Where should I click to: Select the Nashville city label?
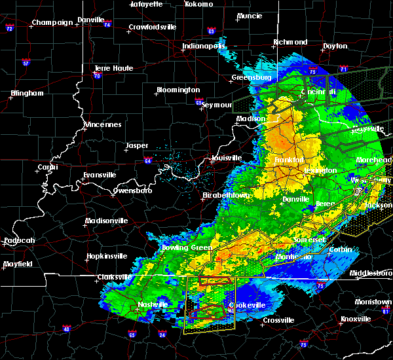point(153,305)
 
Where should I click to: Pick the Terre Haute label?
point(113,68)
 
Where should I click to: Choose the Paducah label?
point(19,240)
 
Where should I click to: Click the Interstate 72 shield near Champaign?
point(9,29)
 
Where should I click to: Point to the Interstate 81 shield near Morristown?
point(387,311)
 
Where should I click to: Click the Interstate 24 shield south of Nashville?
point(162,336)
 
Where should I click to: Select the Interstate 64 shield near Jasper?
point(148,160)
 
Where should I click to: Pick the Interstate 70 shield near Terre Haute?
point(96,76)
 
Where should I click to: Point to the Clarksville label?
point(115,276)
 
